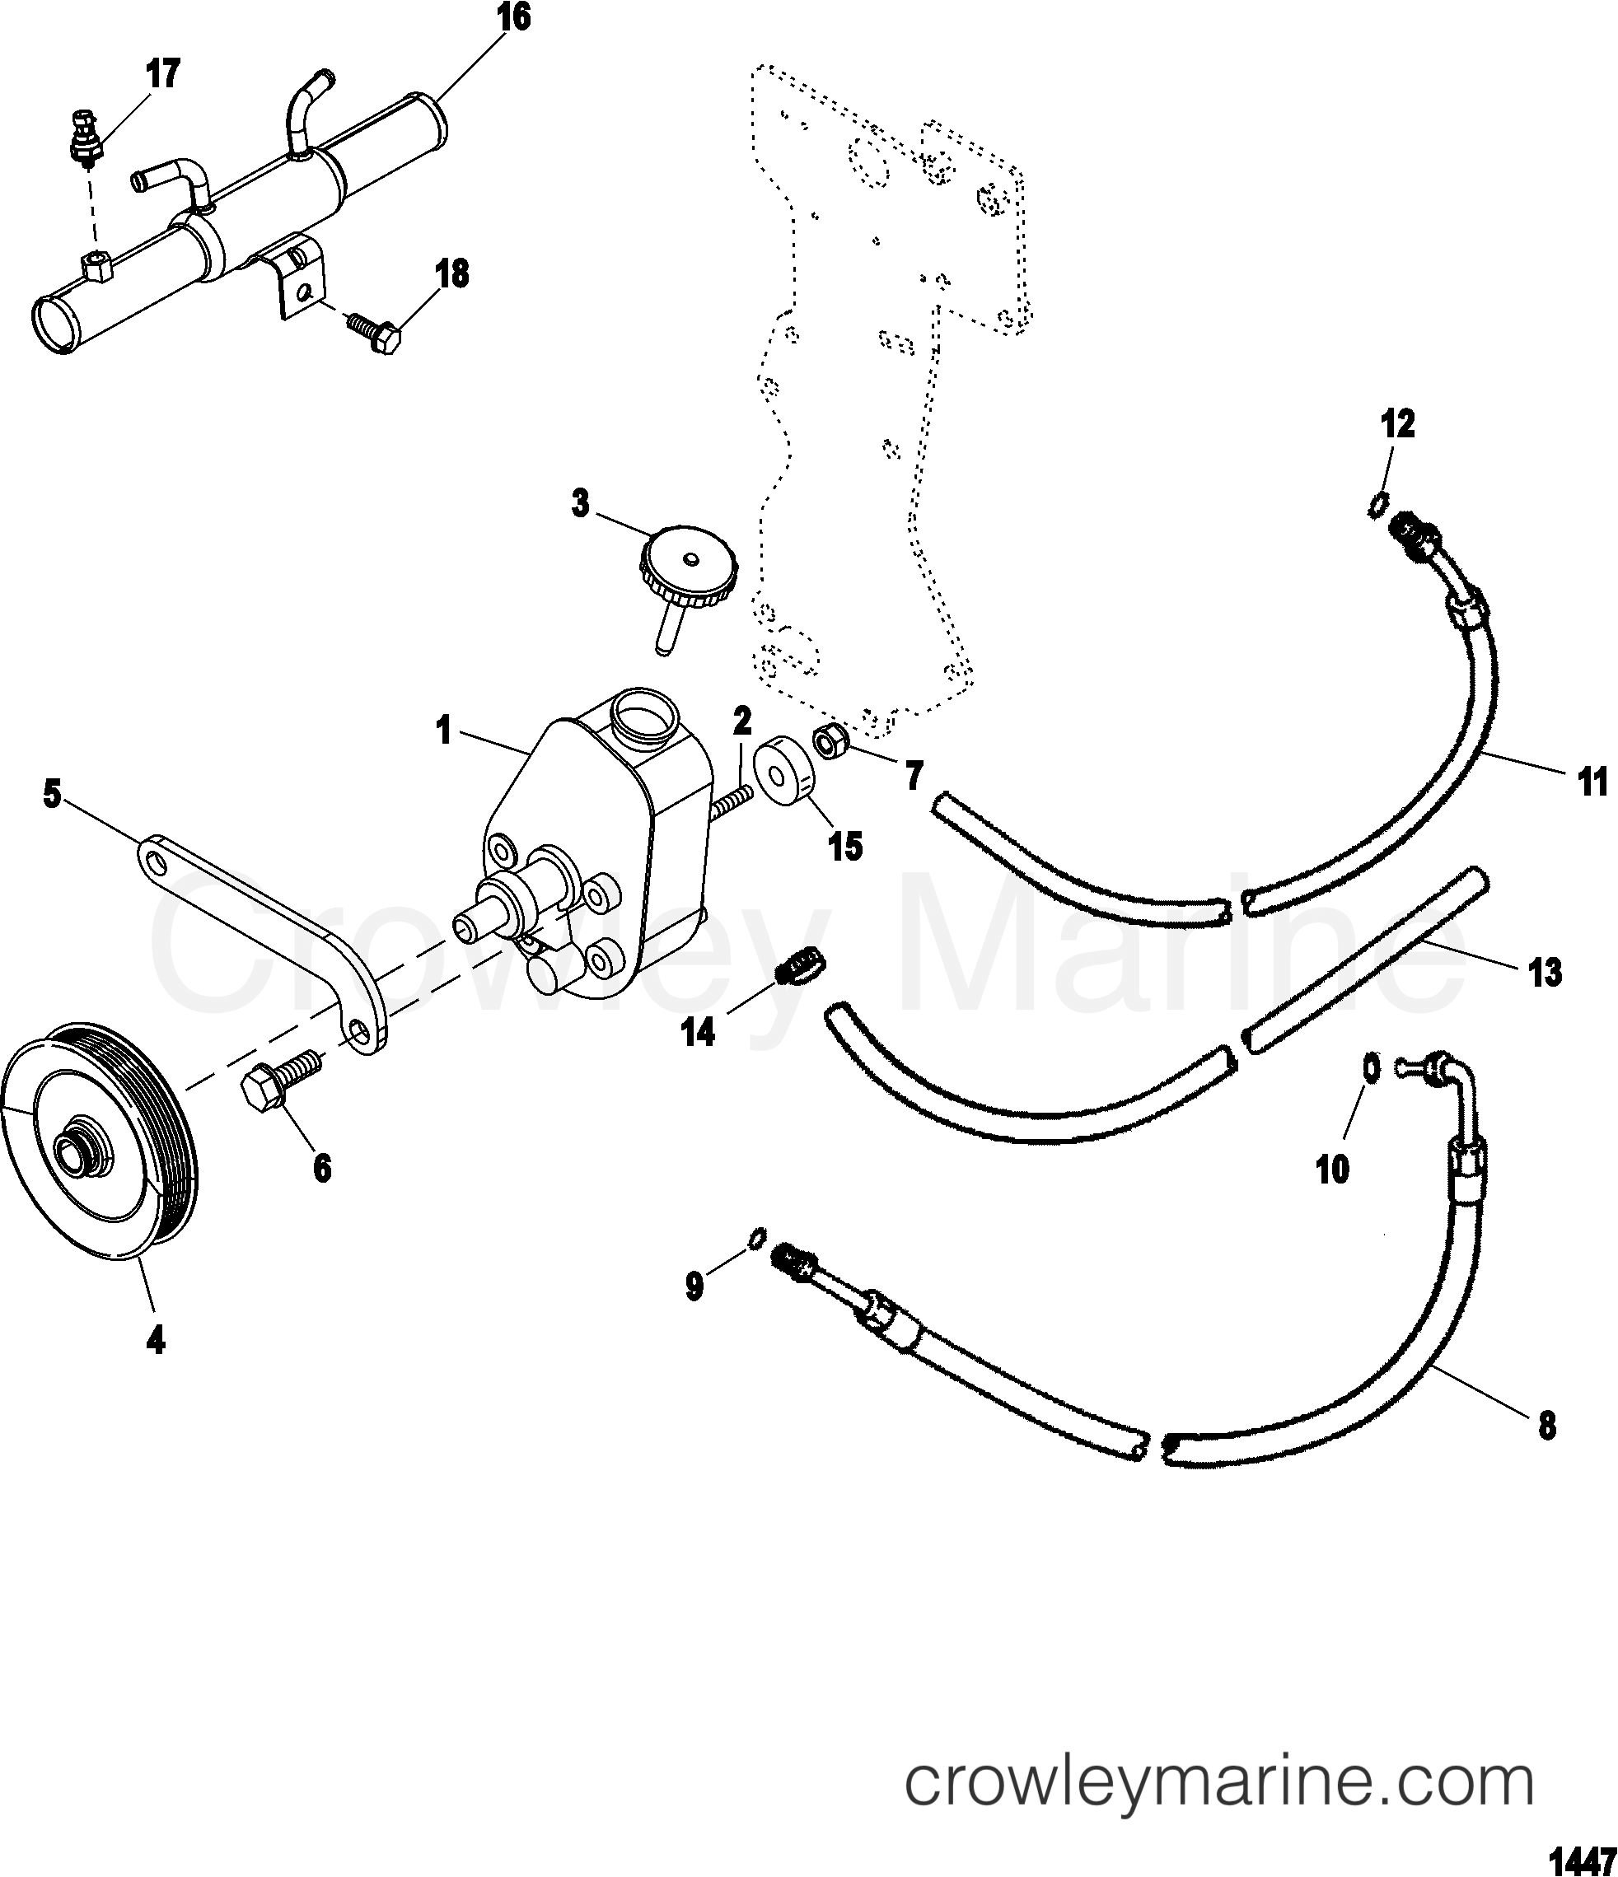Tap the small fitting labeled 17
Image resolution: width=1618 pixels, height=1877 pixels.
[x=83, y=137]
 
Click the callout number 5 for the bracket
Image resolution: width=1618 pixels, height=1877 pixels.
[x=52, y=796]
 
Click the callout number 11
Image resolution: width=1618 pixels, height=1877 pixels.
[x=1592, y=781]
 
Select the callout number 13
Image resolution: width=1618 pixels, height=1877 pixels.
[x=1545, y=973]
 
